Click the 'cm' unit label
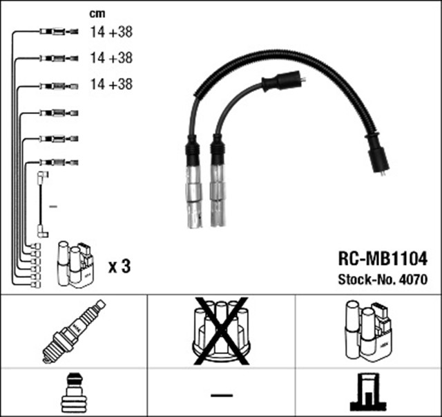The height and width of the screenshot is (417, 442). tap(97, 13)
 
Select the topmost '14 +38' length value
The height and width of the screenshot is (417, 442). tap(111, 31)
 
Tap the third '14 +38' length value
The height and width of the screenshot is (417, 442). tap(111, 84)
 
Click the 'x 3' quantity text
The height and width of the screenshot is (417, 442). tap(119, 266)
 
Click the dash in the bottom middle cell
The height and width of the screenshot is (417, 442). tap(221, 394)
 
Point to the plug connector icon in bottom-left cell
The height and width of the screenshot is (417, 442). tap(74, 393)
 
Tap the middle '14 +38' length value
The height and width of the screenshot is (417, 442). tap(111, 57)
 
